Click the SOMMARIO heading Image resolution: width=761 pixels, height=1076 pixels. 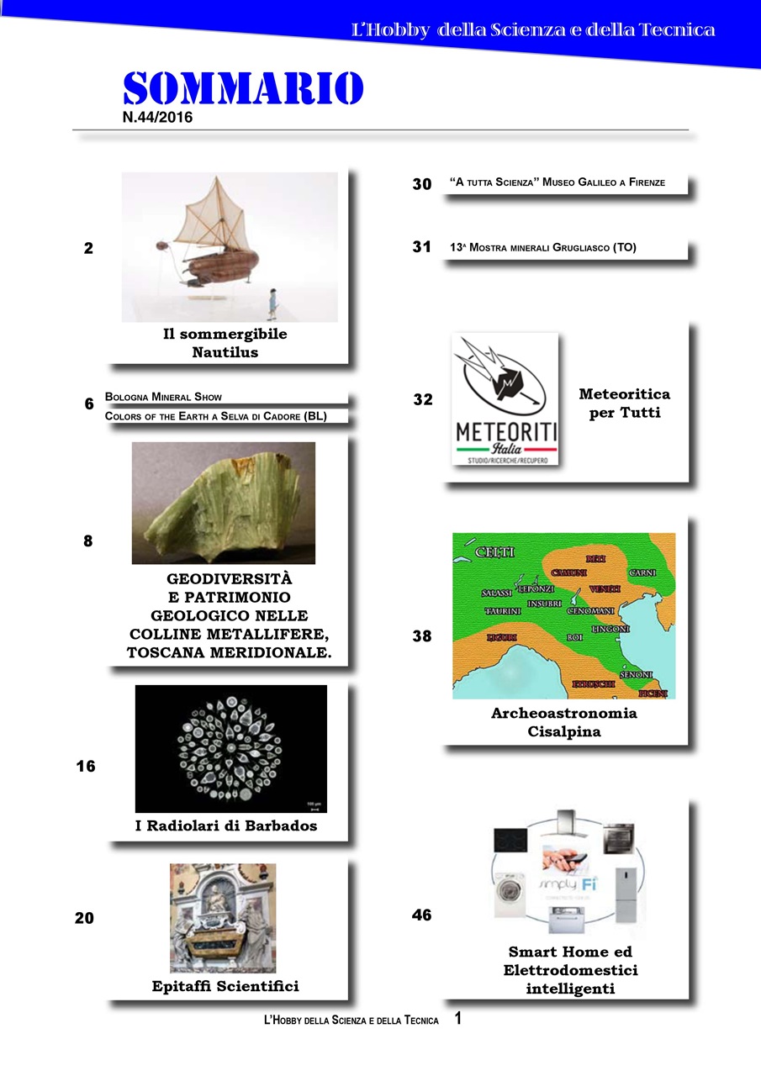click(x=243, y=88)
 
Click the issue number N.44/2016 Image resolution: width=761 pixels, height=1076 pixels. click(x=157, y=119)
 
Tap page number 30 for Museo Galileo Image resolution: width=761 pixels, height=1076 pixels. click(x=421, y=184)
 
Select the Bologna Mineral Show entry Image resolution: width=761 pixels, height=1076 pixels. click(x=164, y=396)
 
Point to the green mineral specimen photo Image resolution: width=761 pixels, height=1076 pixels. click(x=223, y=503)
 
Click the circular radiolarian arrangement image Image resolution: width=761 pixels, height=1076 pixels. click(x=230, y=748)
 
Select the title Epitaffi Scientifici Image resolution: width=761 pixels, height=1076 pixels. click(x=225, y=986)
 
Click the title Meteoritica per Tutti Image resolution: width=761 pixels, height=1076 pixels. click(x=624, y=403)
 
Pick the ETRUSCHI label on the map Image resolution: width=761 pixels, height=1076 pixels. click(x=594, y=684)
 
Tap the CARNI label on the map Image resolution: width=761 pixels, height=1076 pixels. click(x=643, y=572)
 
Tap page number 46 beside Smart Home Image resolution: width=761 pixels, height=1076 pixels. click(x=421, y=915)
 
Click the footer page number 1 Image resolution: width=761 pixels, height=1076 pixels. click(x=457, y=1019)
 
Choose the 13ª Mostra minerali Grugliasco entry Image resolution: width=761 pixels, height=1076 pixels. click(x=543, y=248)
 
